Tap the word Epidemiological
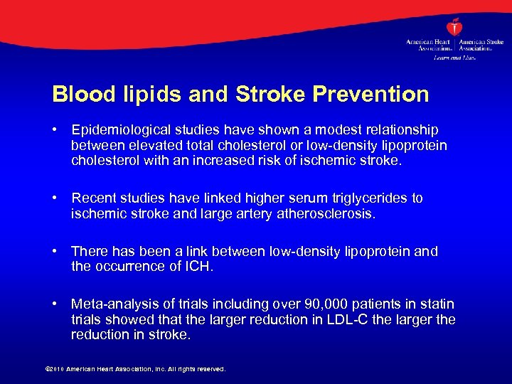pos(117,130)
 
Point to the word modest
pos(336,130)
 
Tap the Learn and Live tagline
pos(454,57)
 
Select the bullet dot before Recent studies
pos(56,198)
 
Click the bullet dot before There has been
pos(56,252)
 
